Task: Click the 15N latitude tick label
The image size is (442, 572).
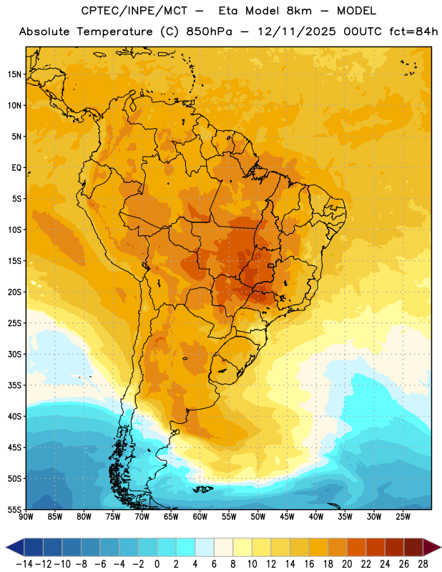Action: (14, 74)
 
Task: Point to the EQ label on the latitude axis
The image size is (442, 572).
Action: (16, 168)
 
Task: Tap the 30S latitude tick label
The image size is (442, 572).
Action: (14, 354)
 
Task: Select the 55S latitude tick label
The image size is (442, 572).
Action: (14, 510)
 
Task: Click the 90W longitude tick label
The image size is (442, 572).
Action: (26, 517)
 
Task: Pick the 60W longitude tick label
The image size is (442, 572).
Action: (200, 517)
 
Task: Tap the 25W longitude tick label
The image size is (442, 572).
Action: (403, 517)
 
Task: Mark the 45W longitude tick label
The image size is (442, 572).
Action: (287, 517)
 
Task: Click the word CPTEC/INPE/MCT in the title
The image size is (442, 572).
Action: (134, 11)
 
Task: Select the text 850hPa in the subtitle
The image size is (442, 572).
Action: (209, 31)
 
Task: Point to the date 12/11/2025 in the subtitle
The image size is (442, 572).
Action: (297, 31)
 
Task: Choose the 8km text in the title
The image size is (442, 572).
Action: (299, 11)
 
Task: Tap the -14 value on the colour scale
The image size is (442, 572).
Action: (24, 564)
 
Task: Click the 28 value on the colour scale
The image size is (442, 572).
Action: (423, 564)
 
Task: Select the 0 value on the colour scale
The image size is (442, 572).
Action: (157, 564)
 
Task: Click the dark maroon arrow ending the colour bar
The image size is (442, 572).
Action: (432, 547)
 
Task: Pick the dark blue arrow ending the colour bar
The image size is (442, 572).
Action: (15, 547)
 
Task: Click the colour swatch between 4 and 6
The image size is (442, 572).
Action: (205, 547)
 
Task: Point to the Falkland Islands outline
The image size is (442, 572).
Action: (203, 489)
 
